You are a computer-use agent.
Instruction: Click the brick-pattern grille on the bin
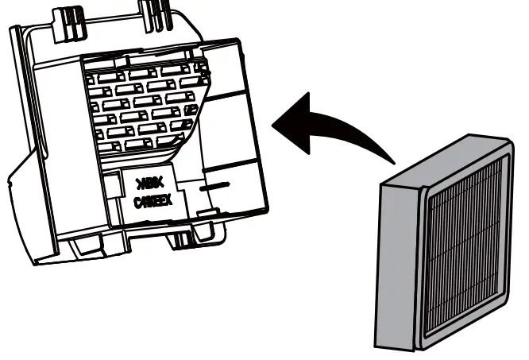coord(143,103)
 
